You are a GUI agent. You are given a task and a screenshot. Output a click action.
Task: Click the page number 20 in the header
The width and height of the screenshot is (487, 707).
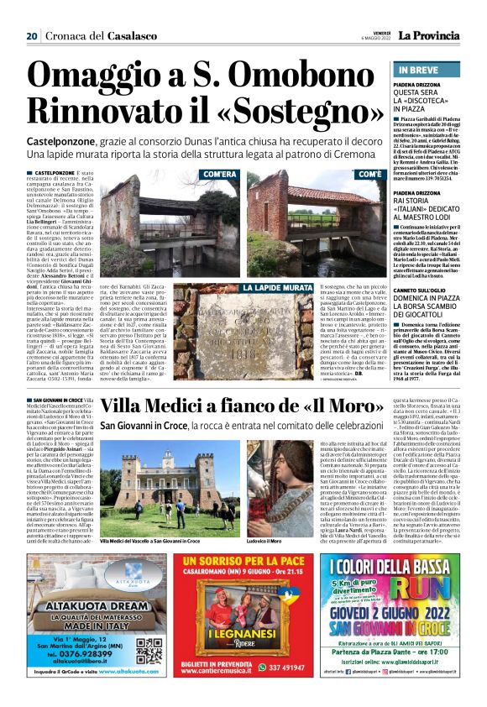32,36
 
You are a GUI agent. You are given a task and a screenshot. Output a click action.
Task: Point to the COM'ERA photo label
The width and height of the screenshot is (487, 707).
220,175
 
